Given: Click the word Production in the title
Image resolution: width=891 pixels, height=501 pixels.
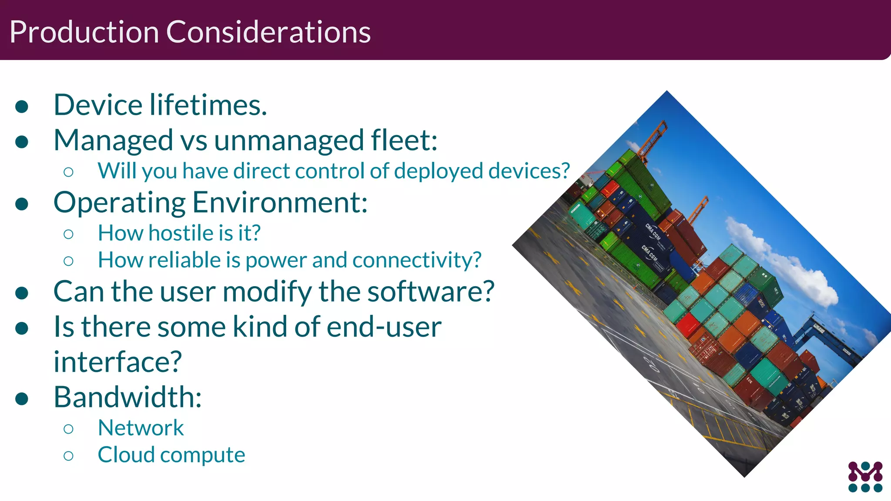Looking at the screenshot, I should pos(84,32).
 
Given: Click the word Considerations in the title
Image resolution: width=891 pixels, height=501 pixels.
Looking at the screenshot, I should pos(268,32).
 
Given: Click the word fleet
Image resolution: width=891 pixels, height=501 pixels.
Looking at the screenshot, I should pos(404,140).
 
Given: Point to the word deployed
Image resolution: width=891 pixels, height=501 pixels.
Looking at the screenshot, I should pos(439,171).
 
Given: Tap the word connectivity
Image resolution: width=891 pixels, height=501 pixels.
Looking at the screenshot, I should pos(417,260).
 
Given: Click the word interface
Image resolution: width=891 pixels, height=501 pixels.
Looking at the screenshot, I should pos(117,362).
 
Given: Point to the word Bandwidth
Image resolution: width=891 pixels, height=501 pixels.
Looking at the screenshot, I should pos(127,397).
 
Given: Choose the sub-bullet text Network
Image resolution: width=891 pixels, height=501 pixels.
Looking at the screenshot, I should pos(141,428).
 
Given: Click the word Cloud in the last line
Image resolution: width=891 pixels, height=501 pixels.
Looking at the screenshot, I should pos(126,455).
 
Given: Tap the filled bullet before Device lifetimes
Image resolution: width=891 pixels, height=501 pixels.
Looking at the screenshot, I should pos(22,106).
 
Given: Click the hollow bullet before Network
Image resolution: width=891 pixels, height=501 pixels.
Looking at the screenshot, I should pos(68,429).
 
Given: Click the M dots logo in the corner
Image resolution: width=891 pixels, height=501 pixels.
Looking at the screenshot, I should pos(865,477).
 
